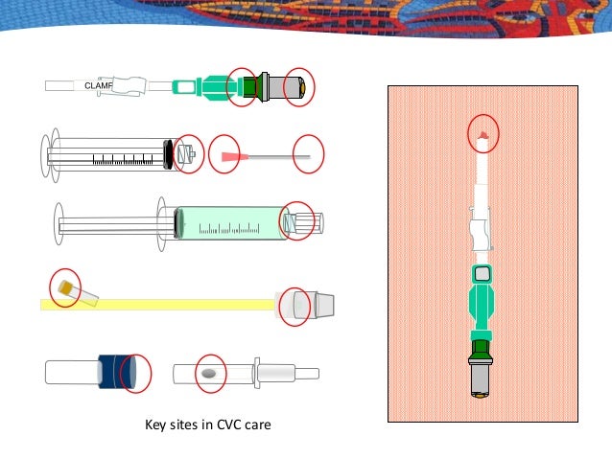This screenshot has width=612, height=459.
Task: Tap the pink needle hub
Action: [x=228, y=155]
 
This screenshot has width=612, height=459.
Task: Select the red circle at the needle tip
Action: [x=308, y=155]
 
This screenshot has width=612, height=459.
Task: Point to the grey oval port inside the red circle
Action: [x=208, y=373]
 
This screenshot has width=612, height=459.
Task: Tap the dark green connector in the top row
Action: [x=254, y=86]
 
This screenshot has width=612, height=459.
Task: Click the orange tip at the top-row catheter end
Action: [x=303, y=87]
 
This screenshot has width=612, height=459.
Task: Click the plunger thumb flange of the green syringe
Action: [x=56, y=223]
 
